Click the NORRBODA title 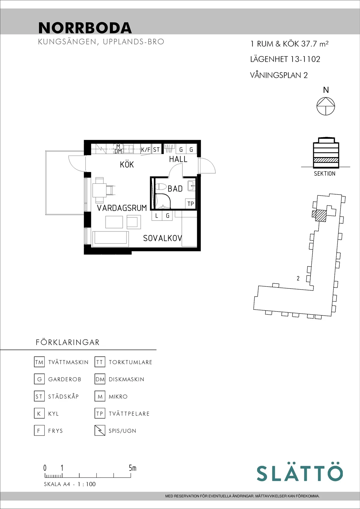tap(85, 28)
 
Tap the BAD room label tap(175, 189)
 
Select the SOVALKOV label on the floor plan tap(162, 238)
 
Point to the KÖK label tap(127, 165)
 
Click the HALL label tap(178, 159)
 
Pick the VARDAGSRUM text tap(122, 208)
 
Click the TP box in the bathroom tap(190, 204)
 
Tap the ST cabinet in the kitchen tap(156, 149)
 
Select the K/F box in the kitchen tap(146, 149)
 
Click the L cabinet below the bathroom tap(157, 216)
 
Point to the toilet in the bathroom tap(161, 187)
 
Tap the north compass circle tap(325, 106)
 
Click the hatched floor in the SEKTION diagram tap(326, 160)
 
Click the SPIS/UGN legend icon tap(100, 430)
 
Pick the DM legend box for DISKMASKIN tap(100, 379)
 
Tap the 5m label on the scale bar tap(132, 468)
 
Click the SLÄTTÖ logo tap(300, 473)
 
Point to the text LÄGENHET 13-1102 tap(285, 59)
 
